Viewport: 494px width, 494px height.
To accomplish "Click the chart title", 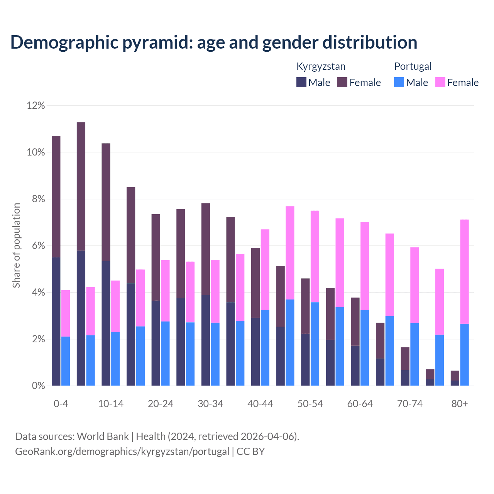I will coord(214,42).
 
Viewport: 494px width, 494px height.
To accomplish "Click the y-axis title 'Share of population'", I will coord(16,245).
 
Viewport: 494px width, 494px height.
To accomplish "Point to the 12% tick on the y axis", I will coord(36,105).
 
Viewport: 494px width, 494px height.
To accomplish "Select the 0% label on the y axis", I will coord(38,386).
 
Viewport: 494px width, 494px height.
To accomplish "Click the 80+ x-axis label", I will coord(460,404).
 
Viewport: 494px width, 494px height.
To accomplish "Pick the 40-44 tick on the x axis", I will coord(260,404).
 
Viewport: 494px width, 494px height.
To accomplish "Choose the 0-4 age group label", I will coord(61,404).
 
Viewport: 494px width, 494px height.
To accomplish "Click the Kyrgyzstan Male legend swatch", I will coord(301,82).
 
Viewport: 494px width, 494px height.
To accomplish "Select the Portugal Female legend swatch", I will coord(440,82).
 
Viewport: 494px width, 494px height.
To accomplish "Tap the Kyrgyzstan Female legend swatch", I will coord(342,82).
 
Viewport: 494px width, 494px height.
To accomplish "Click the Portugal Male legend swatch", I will coord(399,82).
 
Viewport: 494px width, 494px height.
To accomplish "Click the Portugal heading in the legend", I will coord(413,66).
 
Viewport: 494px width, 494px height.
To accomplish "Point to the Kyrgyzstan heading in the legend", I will coord(321,66).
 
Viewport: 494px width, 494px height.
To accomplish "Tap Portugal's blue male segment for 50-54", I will coord(315,344).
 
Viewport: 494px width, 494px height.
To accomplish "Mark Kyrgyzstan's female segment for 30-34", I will coord(206,249).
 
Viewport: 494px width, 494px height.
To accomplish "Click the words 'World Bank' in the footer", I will coord(103,436).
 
